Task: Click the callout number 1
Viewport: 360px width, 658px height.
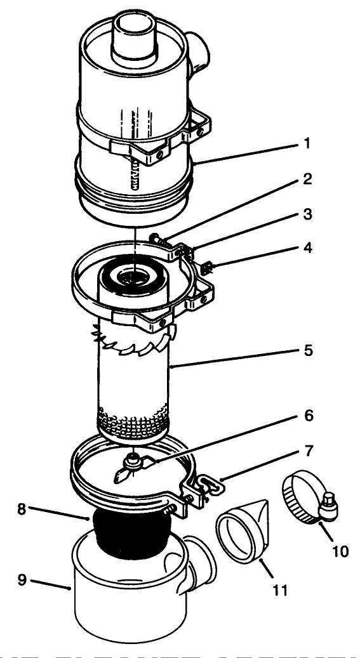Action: click(x=306, y=144)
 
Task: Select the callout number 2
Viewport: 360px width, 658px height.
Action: click(x=306, y=180)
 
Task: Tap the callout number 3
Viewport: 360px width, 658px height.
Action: click(x=306, y=214)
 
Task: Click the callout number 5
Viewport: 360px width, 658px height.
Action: click(x=306, y=350)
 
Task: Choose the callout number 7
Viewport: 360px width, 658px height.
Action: click(x=306, y=451)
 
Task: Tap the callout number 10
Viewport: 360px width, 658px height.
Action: click(x=340, y=551)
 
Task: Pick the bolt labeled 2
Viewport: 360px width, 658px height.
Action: click(x=159, y=240)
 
